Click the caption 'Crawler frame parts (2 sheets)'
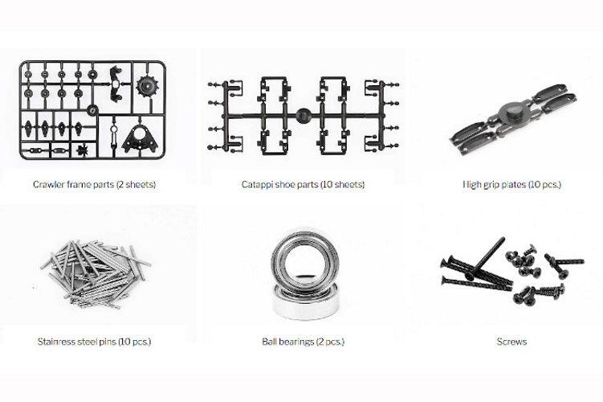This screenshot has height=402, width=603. tap(94, 185)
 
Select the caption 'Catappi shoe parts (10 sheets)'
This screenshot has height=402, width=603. tap(303, 185)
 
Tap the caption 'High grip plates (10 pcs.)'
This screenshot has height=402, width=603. tap(511, 185)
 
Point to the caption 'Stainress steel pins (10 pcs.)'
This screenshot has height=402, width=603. tap(94, 342)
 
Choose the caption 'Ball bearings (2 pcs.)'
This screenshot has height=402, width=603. tap(303, 342)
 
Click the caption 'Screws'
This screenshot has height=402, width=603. tap(511, 342)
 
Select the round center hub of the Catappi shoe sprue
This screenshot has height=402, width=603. tap(304, 114)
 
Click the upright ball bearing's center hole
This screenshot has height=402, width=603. tap(303, 258)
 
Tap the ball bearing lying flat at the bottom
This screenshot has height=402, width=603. tap(303, 302)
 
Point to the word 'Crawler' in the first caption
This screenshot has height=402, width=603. tap(49, 185)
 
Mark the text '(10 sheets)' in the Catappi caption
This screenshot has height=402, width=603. tap(342, 185)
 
